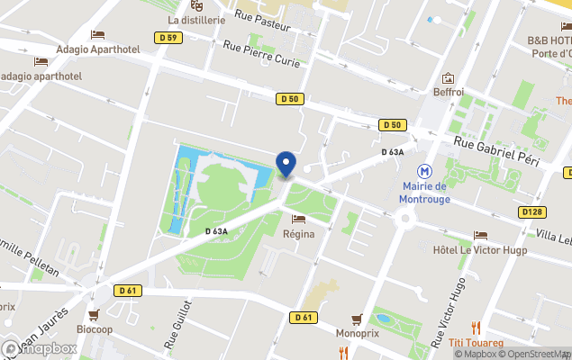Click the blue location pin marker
point(286,164)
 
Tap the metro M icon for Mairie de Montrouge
point(422,171)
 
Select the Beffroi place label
point(448,92)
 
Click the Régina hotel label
point(299,234)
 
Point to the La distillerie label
point(195,19)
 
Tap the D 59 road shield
point(168,38)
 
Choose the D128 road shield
point(532,212)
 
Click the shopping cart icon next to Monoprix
point(358,319)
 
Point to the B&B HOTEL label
point(549,41)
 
